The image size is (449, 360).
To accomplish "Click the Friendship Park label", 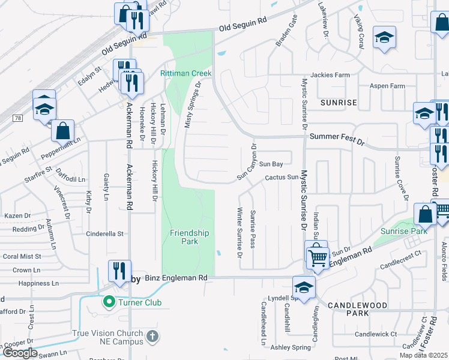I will tap(189, 237).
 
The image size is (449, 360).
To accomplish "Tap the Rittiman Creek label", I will tap(186, 73).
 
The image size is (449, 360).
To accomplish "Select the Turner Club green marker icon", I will tap(109, 302).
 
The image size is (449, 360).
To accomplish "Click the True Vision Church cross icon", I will tap(152, 335).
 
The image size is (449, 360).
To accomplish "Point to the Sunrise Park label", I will tap(403, 231).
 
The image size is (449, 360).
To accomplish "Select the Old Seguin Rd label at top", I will tap(243, 24).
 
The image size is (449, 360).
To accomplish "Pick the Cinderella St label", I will tap(104, 233).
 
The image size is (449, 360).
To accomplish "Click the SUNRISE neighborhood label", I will tap(339, 103).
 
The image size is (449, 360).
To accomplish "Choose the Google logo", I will tap(20, 353).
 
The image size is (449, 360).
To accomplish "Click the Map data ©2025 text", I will tap(423, 355).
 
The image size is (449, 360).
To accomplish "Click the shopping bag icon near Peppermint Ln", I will tap(62, 130).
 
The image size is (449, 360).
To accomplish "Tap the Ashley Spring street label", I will tap(291, 347).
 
